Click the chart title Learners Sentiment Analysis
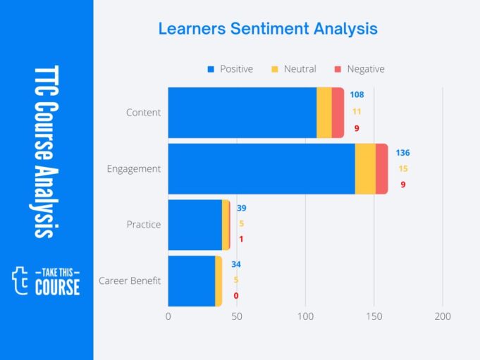pos(268,29)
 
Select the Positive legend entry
pos(230,69)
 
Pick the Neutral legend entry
pos(294,69)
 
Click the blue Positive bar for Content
pos(242,113)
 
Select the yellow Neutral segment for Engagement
pos(365,168)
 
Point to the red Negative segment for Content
pos(338,113)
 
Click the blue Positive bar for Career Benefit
pos(191,280)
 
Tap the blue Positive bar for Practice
pos(195,225)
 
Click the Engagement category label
pos(133,169)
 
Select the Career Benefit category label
pos(130,281)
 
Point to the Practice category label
pos(144,225)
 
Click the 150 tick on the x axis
pos(374,317)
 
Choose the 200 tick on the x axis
pos(443,317)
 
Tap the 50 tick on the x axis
pos(237,317)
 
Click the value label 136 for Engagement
pos(402,153)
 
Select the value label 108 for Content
pos(357,95)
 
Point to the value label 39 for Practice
pos(241,209)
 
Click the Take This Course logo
pos(47,280)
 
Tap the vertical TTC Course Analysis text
pos(47,152)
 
